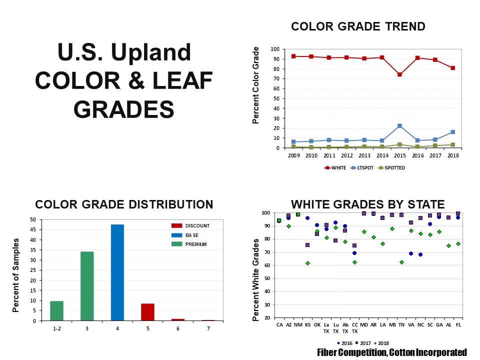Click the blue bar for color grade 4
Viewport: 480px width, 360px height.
point(117,272)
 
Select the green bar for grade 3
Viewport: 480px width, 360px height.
point(87,286)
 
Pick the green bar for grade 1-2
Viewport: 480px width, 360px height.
point(56,310)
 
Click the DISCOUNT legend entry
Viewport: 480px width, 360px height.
point(190,226)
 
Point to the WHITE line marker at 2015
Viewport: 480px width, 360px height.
point(399,74)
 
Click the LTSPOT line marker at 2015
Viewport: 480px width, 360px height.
point(399,126)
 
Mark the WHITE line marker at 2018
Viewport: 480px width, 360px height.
point(452,68)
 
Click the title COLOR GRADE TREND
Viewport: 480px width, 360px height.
point(358,26)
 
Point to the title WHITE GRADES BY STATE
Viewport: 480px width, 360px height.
point(367,204)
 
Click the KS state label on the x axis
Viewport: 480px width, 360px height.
point(307,324)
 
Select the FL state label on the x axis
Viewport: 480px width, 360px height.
point(458,324)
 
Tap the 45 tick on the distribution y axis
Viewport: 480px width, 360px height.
point(33,230)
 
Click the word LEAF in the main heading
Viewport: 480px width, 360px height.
point(184,80)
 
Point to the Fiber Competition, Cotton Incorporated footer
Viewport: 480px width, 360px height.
point(392,352)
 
